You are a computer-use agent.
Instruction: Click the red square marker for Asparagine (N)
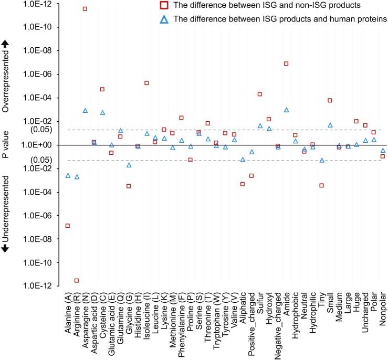[x=85, y=9]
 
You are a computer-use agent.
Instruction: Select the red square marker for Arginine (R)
[x=76, y=281]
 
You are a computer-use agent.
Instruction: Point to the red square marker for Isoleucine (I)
[x=146, y=83]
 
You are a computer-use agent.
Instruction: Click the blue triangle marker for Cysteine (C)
[x=102, y=112]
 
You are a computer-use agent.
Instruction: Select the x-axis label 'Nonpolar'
[x=383, y=310]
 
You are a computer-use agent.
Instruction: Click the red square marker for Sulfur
[x=260, y=94]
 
